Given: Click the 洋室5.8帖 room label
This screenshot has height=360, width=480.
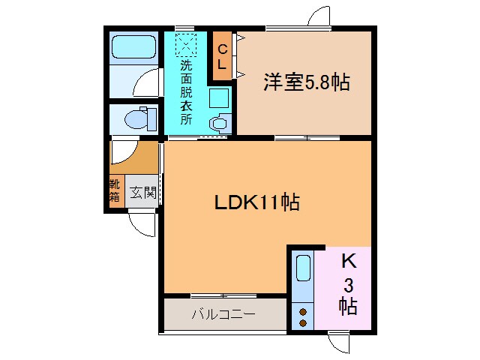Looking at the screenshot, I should pyautogui.click(x=305, y=82).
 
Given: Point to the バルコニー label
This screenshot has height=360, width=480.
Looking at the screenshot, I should pyautogui.click(x=223, y=314).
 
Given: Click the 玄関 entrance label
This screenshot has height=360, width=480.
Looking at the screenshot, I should pyautogui.click(x=142, y=191).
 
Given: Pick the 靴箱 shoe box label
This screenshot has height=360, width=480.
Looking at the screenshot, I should pyautogui.click(x=115, y=190).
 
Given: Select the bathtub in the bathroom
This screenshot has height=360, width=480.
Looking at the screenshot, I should pyautogui.click(x=133, y=49).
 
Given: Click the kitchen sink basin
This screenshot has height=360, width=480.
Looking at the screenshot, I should pyautogui.click(x=302, y=268).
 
